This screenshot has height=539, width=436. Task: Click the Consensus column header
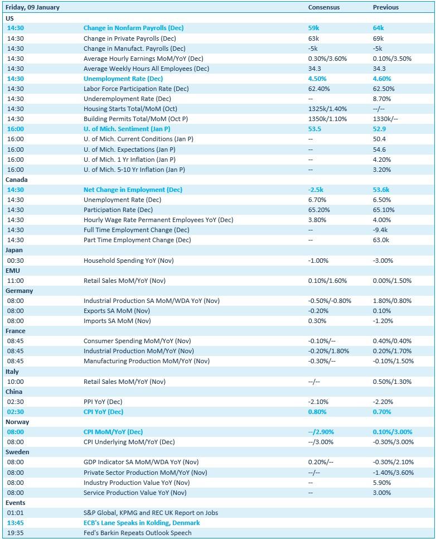(x=323, y=8)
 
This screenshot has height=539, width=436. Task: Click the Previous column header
(x=385, y=8)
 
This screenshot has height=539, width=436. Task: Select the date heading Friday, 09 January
(x=32, y=8)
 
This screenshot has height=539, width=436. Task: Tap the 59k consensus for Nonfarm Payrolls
(x=313, y=28)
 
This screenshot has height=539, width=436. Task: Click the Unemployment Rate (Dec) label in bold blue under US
(x=123, y=79)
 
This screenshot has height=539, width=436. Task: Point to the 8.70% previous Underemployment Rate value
(x=382, y=99)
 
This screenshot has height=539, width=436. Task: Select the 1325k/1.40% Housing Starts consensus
(x=327, y=109)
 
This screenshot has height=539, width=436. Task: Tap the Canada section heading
(x=16, y=180)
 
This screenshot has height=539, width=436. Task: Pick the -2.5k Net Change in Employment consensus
(x=316, y=190)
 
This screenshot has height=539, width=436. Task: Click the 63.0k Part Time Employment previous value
(x=381, y=240)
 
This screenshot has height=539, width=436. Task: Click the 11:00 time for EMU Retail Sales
(x=16, y=281)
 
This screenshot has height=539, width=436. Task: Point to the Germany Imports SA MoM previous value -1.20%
(x=382, y=321)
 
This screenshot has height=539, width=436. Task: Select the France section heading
(x=16, y=331)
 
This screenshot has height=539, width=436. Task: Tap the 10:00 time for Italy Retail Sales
(x=16, y=382)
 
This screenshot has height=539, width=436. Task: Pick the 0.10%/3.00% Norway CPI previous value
(x=393, y=432)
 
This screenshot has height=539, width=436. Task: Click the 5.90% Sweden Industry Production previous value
(x=382, y=482)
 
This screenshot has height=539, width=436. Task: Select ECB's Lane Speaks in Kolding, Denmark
(x=142, y=523)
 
